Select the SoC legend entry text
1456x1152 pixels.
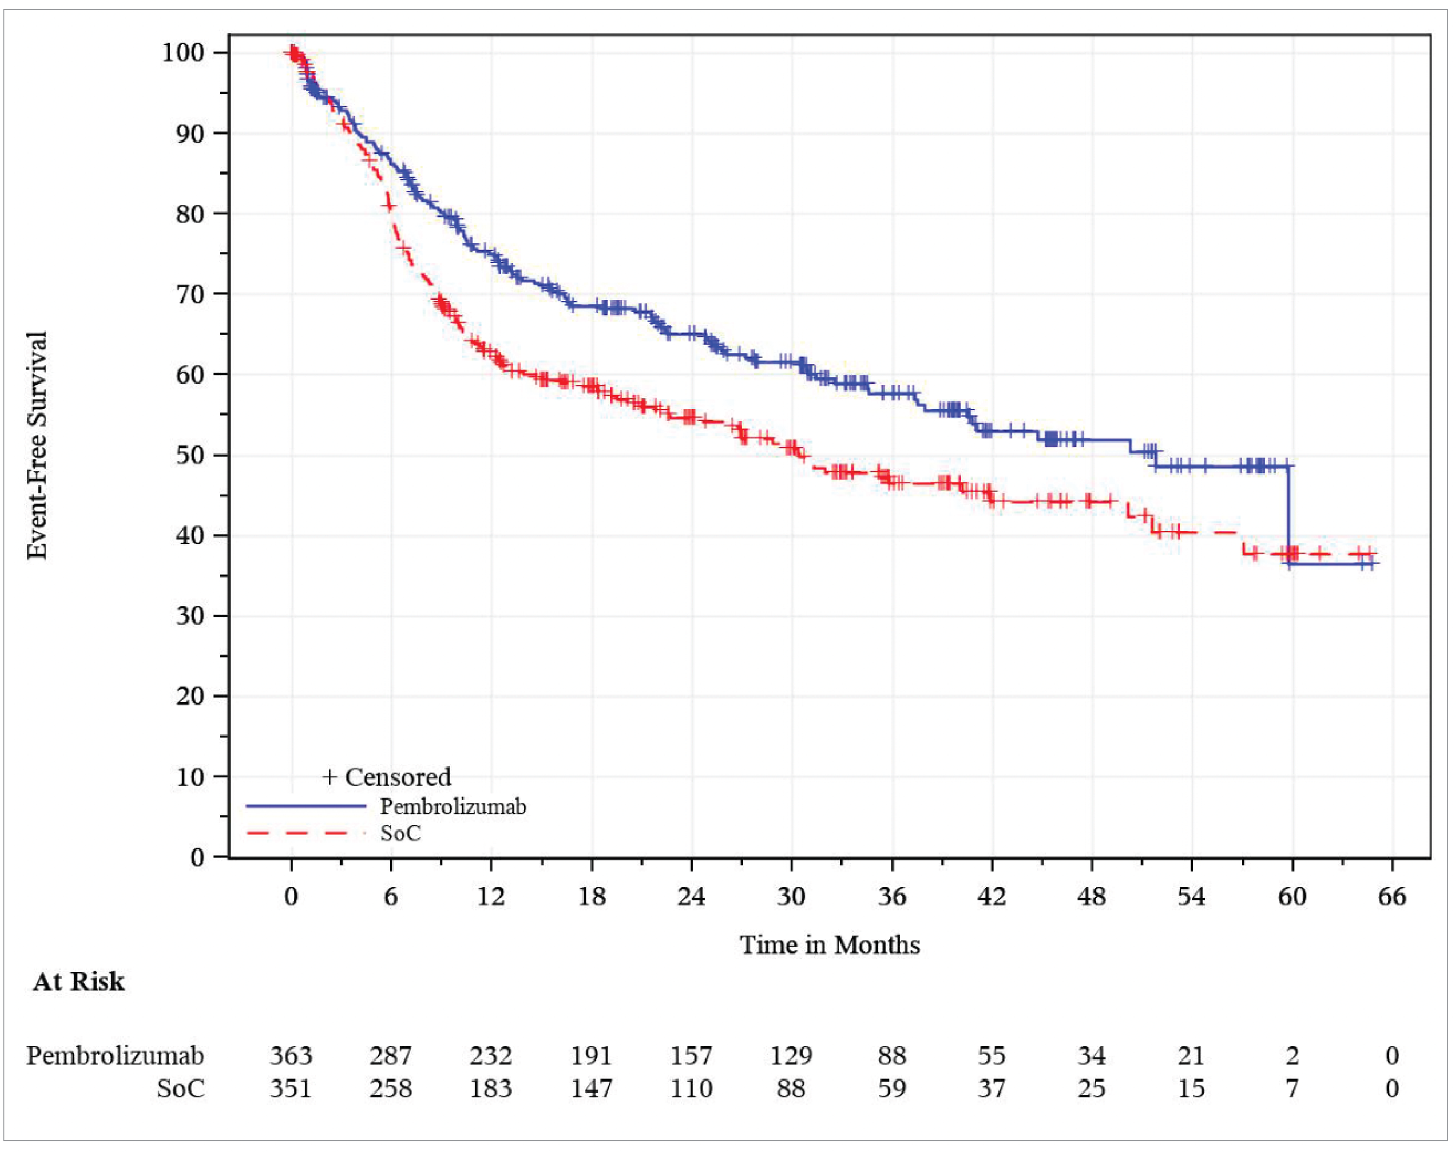point(400,834)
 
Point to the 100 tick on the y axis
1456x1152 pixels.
point(183,52)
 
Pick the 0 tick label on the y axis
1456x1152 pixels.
point(198,857)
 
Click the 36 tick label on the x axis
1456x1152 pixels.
point(892,897)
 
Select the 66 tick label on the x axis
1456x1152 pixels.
point(1392,897)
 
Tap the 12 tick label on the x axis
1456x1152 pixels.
point(491,897)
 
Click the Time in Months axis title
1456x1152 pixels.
point(829,945)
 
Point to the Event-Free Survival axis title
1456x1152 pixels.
point(37,445)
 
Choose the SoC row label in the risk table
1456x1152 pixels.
point(181,1088)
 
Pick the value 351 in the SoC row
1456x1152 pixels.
point(291,1088)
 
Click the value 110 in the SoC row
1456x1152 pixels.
point(691,1088)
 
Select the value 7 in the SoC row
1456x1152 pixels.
point(1292,1088)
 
